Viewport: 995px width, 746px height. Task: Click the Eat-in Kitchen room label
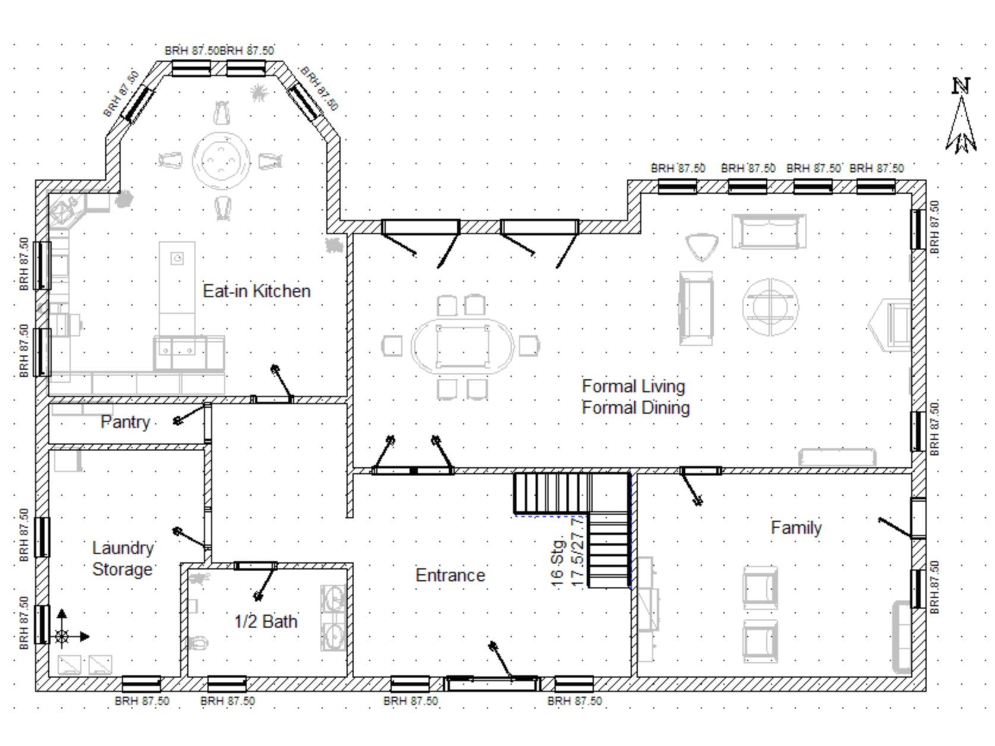click(257, 291)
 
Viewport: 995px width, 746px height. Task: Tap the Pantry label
click(125, 422)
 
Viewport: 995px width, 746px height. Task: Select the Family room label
click(796, 527)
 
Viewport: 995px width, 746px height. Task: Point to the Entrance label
click(450, 575)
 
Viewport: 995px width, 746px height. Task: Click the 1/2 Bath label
click(266, 621)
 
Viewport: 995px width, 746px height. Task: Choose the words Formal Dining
click(635, 407)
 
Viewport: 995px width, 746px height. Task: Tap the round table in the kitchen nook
click(221, 160)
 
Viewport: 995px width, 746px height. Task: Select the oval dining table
click(462, 347)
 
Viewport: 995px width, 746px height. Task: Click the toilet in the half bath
click(198, 643)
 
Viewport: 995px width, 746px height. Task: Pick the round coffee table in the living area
click(770, 307)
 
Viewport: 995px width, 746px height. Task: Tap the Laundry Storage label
click(123, 558)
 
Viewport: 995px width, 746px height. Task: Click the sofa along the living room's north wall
click(769, 232)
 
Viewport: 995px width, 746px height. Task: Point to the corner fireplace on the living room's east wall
click(889, 325)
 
